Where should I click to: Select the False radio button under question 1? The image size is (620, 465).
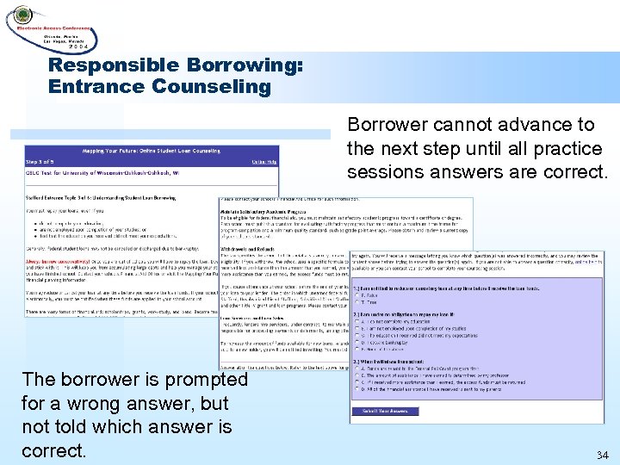click(358, 296)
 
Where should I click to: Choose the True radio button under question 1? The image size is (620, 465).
click(358, 303)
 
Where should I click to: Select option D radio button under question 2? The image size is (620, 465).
click(358, 343)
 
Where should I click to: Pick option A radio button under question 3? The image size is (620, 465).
click(358, 369)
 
